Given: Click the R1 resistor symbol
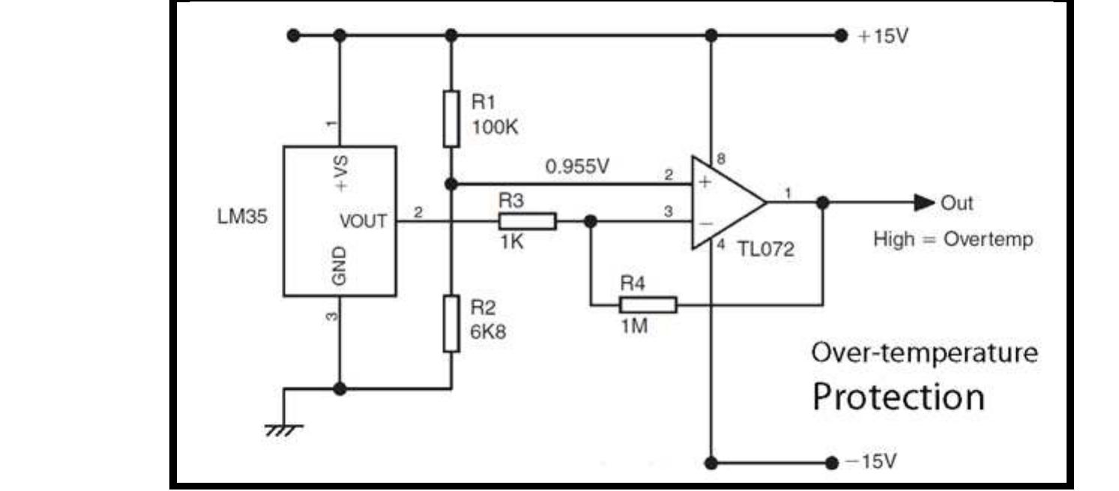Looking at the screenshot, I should (450, 118).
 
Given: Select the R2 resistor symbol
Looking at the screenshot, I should (450, 323).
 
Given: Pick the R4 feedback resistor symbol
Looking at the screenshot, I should (648, 304).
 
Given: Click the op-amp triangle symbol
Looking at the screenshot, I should (723, 202).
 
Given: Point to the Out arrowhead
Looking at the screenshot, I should (923, 202).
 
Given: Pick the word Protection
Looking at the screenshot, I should (899, 396).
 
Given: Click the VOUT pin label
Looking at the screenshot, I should (364, 221).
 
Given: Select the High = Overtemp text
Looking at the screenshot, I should (953, 240).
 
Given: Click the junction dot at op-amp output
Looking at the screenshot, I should (822, 202).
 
